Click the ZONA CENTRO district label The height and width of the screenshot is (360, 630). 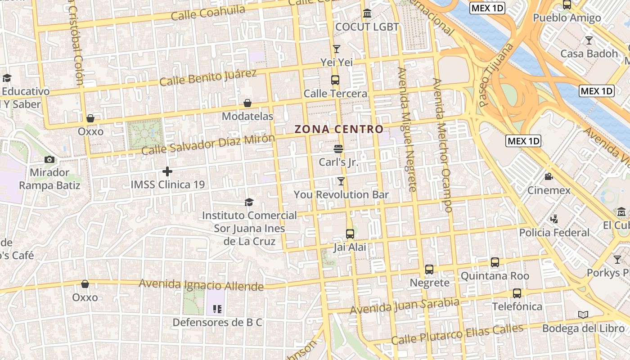(x=339, y=130)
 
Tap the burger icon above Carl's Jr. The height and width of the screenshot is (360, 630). (x=338, y=148)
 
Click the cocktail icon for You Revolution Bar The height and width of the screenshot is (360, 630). (x=341, y=181)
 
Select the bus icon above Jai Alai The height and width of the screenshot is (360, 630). (x=350, y=234)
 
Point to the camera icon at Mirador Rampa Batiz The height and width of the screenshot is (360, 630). (x=49, y=160)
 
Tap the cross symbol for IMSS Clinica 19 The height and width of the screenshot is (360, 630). (x=167, y=171)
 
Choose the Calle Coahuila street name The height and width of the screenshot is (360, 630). (x=208, y=13)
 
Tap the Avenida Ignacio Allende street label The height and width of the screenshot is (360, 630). (x=201, y=285)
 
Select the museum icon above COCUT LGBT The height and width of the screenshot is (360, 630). (x=367, y=13)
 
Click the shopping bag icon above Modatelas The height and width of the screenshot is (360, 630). (x=247, y=103)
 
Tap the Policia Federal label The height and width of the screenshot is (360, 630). (x=554, y=233)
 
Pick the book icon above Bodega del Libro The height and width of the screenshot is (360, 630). (x=583, y=315)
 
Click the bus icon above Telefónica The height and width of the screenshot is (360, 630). (x=517, y=293)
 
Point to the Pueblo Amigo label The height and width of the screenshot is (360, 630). (x=567, y=18)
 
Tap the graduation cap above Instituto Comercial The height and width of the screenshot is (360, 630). (x=249, y=202)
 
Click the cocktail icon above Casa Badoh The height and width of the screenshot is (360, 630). (x=589, y=40)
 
